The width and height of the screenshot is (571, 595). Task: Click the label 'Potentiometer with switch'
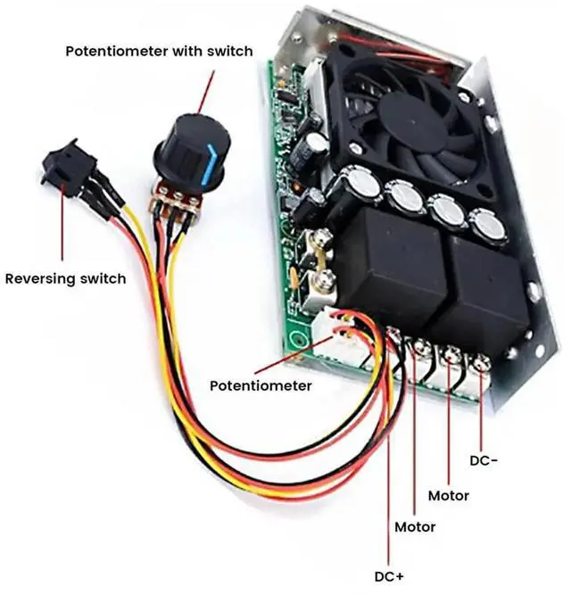coord(159,52)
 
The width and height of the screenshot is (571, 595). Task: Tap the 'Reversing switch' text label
coord(65,279)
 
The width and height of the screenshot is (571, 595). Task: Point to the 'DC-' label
coord(483,461)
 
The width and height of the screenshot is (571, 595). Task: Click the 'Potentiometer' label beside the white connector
coord(261,386)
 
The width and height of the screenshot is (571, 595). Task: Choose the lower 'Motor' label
coord(415,527)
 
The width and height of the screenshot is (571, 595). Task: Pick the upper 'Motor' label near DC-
coord(448,495)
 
